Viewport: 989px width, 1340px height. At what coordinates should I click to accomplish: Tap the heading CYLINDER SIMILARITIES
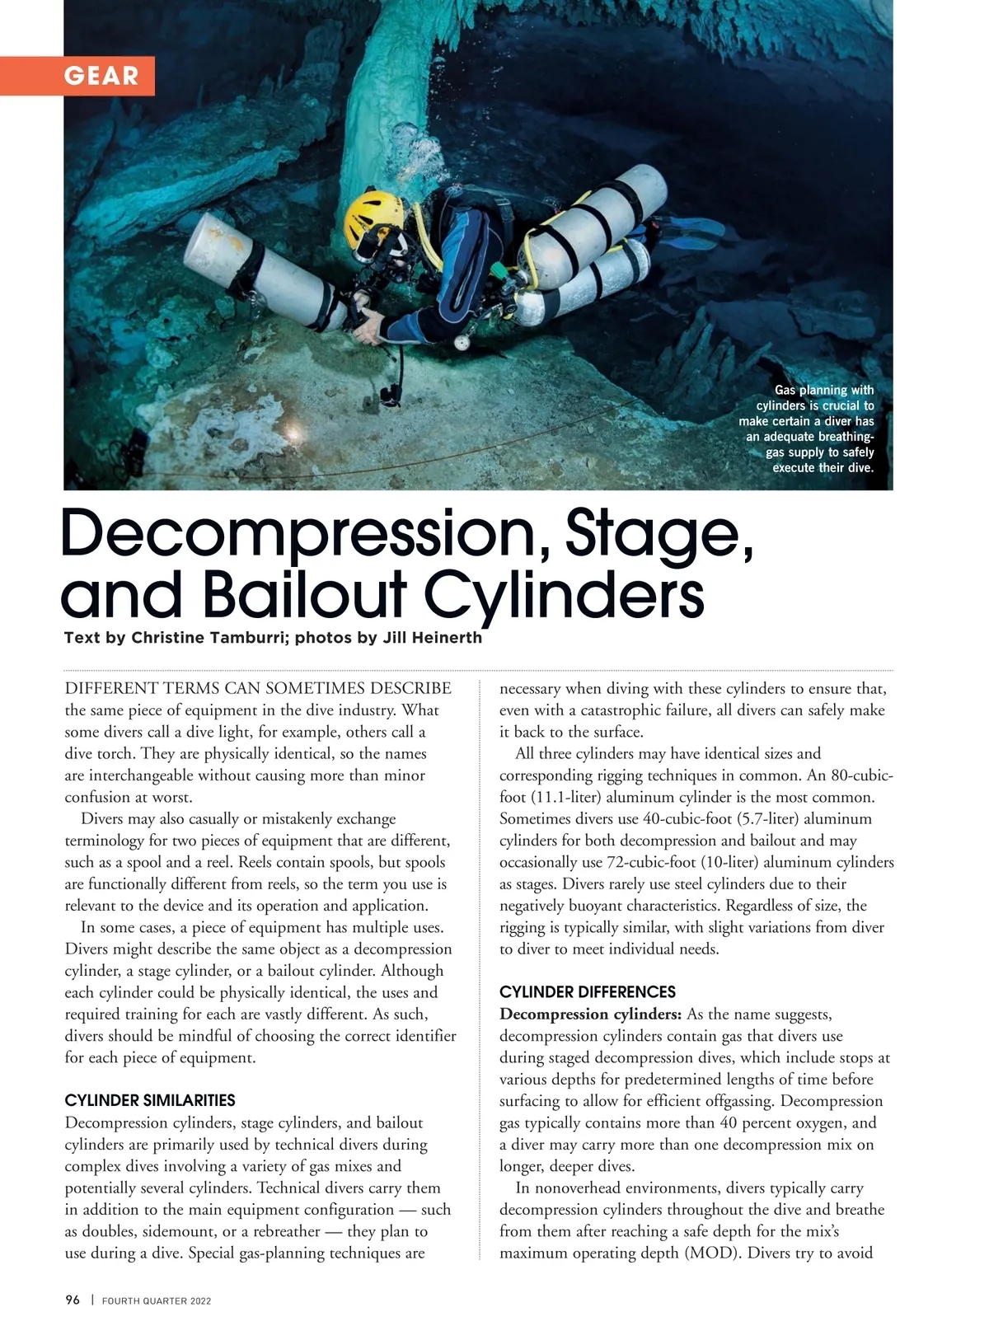[150, 1100]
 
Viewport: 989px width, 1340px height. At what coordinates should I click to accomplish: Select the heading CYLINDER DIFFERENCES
[588, 991]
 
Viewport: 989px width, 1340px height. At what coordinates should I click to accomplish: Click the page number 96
[73, 1300]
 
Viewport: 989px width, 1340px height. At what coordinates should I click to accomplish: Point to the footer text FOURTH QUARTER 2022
[157, 1301]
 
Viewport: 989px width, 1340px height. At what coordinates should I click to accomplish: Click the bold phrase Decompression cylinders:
[590, 1014]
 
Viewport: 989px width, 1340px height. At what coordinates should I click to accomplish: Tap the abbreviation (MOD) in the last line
[709, 1253]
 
